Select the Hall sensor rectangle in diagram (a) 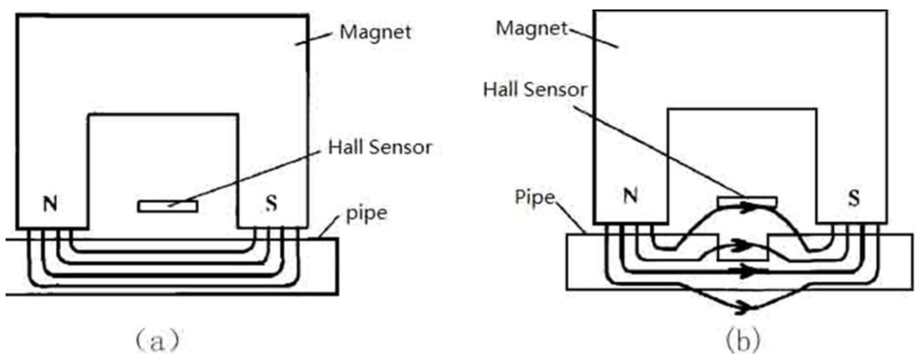[168, 206]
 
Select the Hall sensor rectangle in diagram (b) [743, 198]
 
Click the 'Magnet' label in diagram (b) [533, 29]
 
